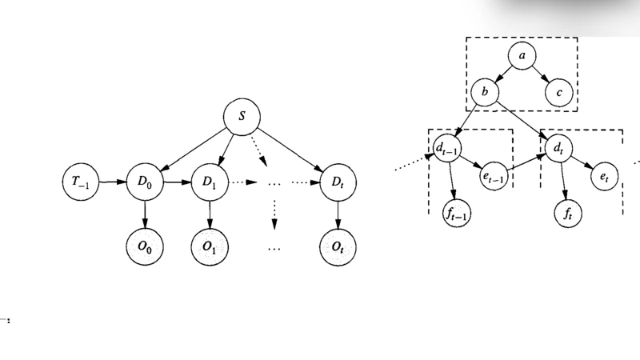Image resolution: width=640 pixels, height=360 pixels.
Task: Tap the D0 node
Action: point(145,182)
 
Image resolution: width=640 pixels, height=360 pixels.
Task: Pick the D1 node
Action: point(210,182)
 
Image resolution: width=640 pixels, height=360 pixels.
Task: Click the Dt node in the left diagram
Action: point(337,182)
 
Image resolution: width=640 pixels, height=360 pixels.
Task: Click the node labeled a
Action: point(522,55)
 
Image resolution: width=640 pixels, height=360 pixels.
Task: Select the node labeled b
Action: point(485,94)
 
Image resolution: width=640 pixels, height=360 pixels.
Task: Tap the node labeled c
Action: point(559,94)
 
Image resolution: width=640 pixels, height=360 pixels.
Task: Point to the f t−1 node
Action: point(458,214)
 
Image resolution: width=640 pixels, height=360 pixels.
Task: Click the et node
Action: point(604,176)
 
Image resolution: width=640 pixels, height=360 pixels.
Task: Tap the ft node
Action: point(569,214)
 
